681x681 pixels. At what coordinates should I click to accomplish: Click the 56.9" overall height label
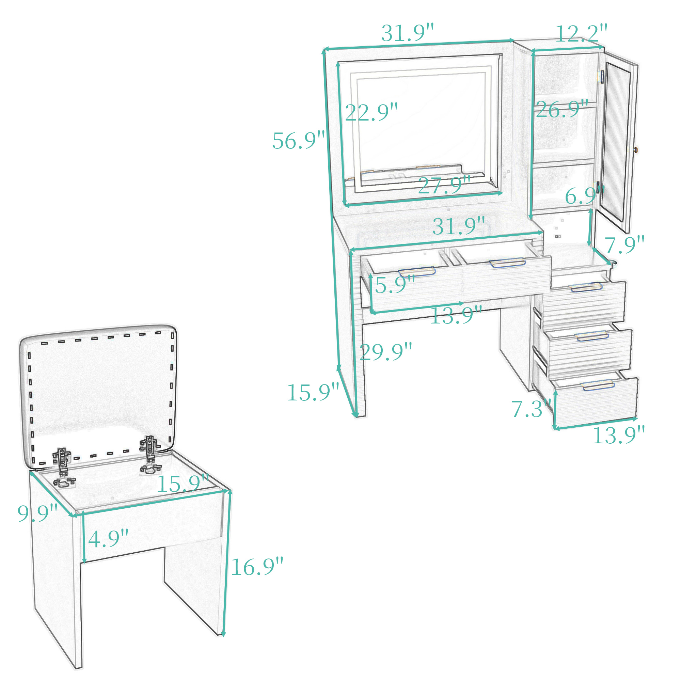[x=299, y=140]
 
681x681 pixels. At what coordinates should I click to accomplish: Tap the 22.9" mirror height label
[x=371, y=112]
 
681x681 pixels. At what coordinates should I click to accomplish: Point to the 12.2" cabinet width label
[x=582, y=33]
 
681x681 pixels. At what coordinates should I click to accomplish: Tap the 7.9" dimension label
[x=624, y=245]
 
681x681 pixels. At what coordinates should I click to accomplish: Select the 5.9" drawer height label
[x=395, y=285]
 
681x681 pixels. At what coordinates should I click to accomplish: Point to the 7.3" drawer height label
[x=531, y=409]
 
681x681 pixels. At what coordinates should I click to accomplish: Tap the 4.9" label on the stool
[x=108, y=539]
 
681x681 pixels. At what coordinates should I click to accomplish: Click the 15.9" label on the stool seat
[x=183, y=484]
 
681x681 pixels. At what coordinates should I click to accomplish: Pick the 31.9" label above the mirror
[x=408, y=33]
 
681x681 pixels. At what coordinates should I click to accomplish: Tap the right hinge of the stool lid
[x=151, y=454]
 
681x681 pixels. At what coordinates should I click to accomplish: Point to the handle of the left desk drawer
[x=417, y=271]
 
